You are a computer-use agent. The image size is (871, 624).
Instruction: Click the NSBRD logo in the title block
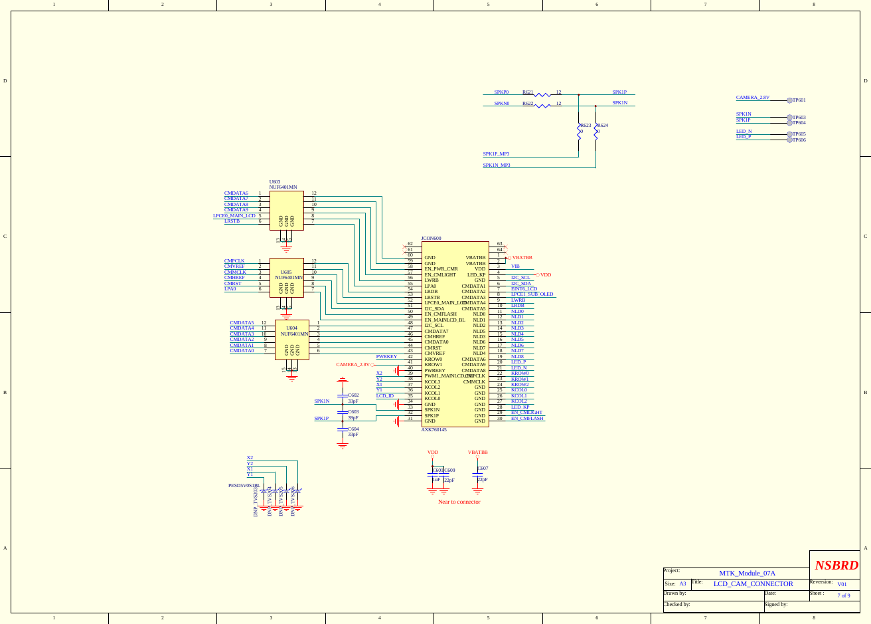point(836,566)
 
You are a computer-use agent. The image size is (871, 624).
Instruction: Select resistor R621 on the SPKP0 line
point(542,95)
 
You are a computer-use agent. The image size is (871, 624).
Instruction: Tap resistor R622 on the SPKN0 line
point(542,106)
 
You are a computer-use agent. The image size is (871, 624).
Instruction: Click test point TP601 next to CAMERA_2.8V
point(790,100)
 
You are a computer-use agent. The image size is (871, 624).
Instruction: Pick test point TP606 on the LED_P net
point(790,140)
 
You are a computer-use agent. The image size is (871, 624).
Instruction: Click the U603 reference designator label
point(275,181)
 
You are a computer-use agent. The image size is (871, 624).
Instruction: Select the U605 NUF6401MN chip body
point(286,277)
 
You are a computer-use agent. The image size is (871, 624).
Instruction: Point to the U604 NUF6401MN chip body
point(292,340)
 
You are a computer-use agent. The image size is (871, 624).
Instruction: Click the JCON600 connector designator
point(431,238)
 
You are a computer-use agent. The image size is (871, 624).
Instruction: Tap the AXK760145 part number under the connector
point(434,430)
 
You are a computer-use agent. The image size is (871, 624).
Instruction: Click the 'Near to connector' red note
point(459,502)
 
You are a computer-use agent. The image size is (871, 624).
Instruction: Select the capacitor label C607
point(483,468)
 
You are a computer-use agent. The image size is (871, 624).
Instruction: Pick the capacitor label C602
point(353,395)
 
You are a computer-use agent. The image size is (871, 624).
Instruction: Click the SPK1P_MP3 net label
point(496,154)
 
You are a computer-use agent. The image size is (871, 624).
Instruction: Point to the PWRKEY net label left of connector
point(386,357)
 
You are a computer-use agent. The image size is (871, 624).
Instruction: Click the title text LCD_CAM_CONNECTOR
point(753,584)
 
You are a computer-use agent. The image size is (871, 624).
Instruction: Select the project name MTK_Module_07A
point(747,573)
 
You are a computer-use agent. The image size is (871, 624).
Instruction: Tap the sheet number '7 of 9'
point(843,595)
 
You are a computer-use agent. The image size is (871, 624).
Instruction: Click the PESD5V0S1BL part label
point(244,486)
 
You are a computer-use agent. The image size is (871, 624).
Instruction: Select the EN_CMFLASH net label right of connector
point(527,418)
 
